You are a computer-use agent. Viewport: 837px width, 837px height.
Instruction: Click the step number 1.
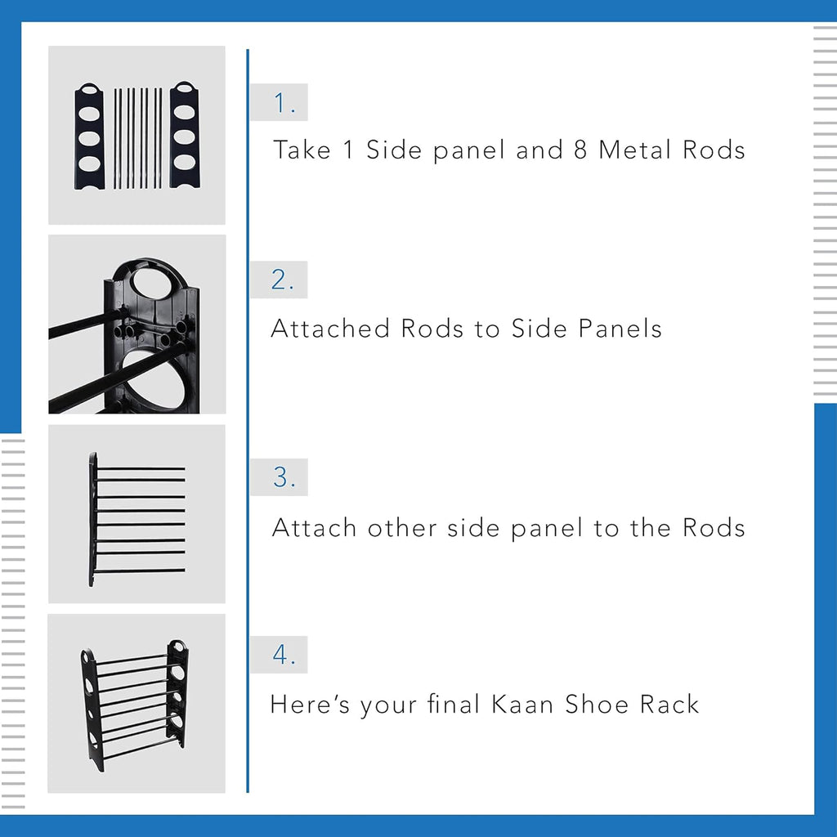[x=283, y=104]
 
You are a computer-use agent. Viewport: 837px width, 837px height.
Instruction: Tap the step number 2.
[x=282, y=280]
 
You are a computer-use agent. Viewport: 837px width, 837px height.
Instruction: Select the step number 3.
[x=283, y=478]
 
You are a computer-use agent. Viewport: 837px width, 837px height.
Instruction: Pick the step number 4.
[x=282, y=656]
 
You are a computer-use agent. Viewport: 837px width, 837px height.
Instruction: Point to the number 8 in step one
[x=580, y=150]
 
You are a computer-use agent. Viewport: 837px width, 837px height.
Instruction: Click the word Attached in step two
[x=331, y=329]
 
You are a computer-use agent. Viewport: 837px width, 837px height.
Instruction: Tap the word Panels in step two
[x=620, y=329]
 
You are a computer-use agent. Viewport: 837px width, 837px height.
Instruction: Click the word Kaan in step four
[x=523, y=705]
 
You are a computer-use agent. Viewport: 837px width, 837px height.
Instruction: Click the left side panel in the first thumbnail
[x=89, y=137]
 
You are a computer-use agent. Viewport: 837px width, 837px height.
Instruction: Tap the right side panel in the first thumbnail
[x=185, y=137]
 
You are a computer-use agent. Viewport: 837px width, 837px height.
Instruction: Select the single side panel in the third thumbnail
[x=93, y=519]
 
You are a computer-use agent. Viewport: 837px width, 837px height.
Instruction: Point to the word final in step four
[x=455, y=705]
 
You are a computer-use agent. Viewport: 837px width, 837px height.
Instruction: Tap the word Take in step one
[x=302, y=150]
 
